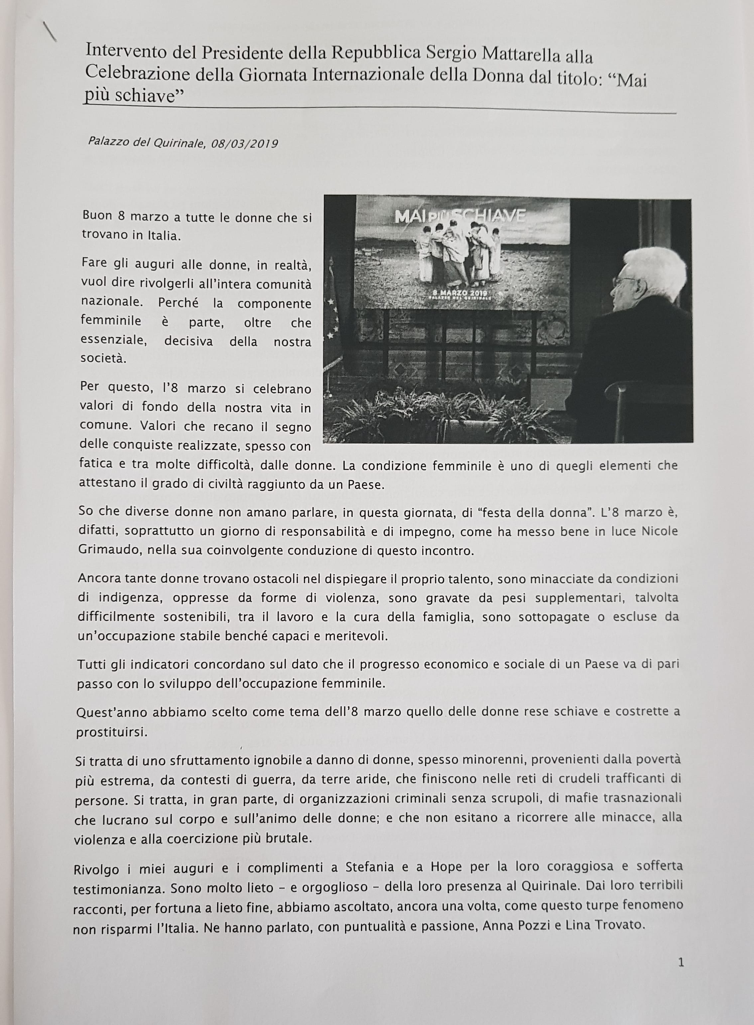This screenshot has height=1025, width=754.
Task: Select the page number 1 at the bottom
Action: [681, 963]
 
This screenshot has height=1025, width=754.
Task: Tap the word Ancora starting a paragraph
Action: [99, 578]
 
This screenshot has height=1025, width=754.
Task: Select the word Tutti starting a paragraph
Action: [91, 665]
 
